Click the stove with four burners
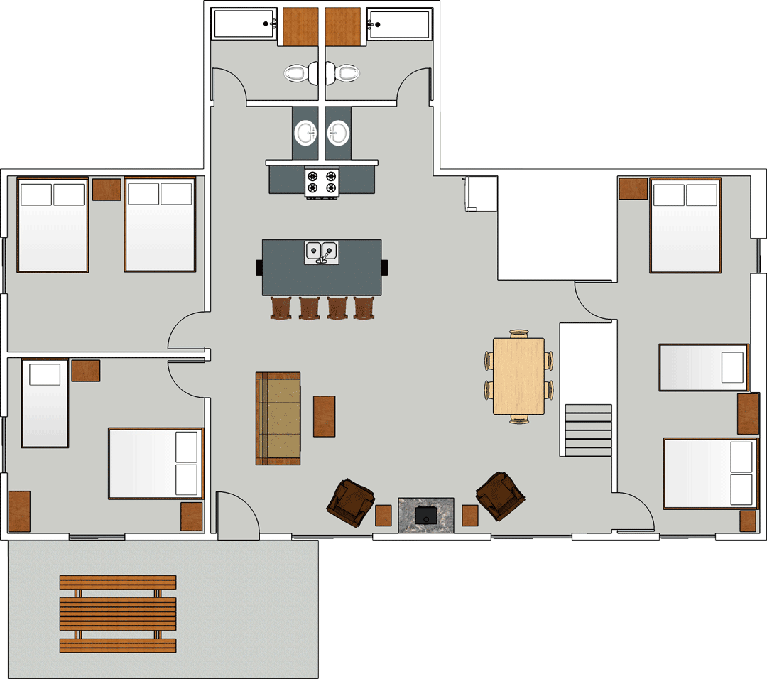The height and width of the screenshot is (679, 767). [x=321, y=183]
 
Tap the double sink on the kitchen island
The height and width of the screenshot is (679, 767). [x=322, y=252]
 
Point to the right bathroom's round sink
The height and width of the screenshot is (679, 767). [x=338, y=133]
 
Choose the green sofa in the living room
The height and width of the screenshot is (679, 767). [x=278, y=418]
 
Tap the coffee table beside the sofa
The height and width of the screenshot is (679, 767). [x=324, y=416]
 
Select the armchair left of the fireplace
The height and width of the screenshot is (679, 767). [x=350, y=504]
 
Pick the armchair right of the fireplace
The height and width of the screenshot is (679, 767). [x=500, y=496]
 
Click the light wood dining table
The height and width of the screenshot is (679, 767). [x=518, y=376]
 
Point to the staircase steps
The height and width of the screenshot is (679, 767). [x=588, y=430]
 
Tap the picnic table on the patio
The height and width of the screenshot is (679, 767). [x=118, y=614]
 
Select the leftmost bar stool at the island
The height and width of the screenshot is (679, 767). [x=281, y=308]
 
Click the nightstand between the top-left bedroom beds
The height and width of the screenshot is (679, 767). [x=107, y=190]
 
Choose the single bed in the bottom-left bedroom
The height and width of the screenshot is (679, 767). [x=44, y=403]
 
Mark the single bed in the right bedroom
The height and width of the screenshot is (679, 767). [x=703, y=367]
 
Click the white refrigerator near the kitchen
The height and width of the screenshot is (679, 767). [x=481, y=193]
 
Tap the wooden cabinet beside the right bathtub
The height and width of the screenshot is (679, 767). [x=343, y=26]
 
